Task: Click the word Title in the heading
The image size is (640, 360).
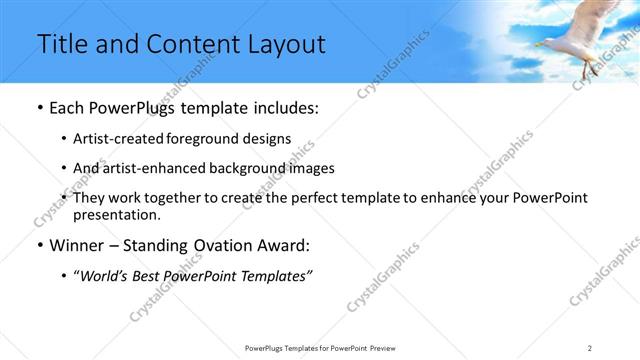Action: coord(60,45)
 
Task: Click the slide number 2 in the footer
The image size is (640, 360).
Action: coord(590,347)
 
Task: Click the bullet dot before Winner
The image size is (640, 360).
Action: coord(38,245)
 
